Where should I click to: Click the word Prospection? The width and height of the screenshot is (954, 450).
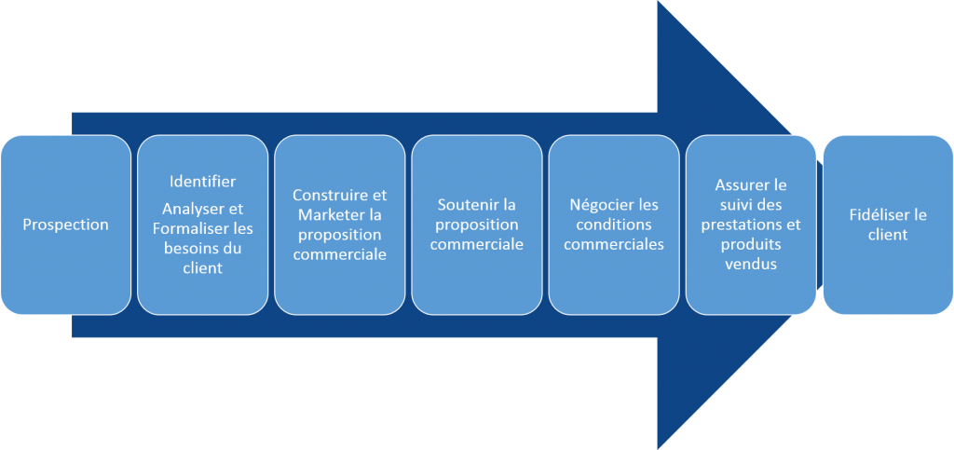65,225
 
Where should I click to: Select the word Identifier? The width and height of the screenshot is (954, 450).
202,181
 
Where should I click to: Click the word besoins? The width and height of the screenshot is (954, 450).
193,248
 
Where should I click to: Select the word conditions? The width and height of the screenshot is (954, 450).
614,225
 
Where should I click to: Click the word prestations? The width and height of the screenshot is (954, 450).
738,225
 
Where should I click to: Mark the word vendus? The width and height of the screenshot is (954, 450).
751,264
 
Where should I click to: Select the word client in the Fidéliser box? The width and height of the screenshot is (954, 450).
888,235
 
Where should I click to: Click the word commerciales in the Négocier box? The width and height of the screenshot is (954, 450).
614,244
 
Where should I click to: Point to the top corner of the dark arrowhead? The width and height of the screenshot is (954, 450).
659,3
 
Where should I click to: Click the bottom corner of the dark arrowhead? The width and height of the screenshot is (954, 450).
659,447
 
